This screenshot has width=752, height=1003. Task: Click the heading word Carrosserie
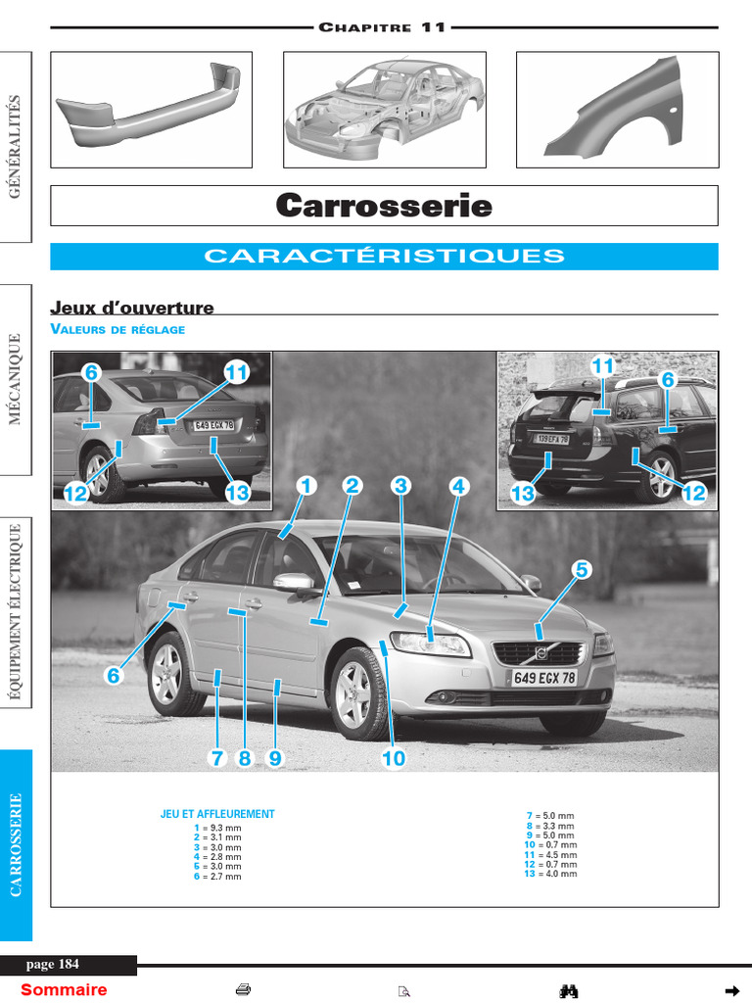click(384, 206)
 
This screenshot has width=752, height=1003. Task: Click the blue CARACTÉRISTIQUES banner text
click(384, 257)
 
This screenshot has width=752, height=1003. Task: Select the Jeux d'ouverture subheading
click(132, 309)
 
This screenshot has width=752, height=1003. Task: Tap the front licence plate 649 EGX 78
click(543, 677)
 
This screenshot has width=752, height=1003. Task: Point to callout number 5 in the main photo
click(582, 569)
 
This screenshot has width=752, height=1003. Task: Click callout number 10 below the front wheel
click(393, 758)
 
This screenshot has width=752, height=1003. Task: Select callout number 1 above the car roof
click(305, 485)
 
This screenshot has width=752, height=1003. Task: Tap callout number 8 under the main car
click(245, 758)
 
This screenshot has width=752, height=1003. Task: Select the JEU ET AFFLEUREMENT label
click(217, 814)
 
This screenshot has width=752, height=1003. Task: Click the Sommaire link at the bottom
click(64, 989)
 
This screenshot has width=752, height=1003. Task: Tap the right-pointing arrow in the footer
click(729, 989)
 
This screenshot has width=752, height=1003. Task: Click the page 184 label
click(60, 965)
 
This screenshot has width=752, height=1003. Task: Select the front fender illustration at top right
click(616, 108)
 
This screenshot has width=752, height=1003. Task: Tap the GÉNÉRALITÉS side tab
click(16, 146)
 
